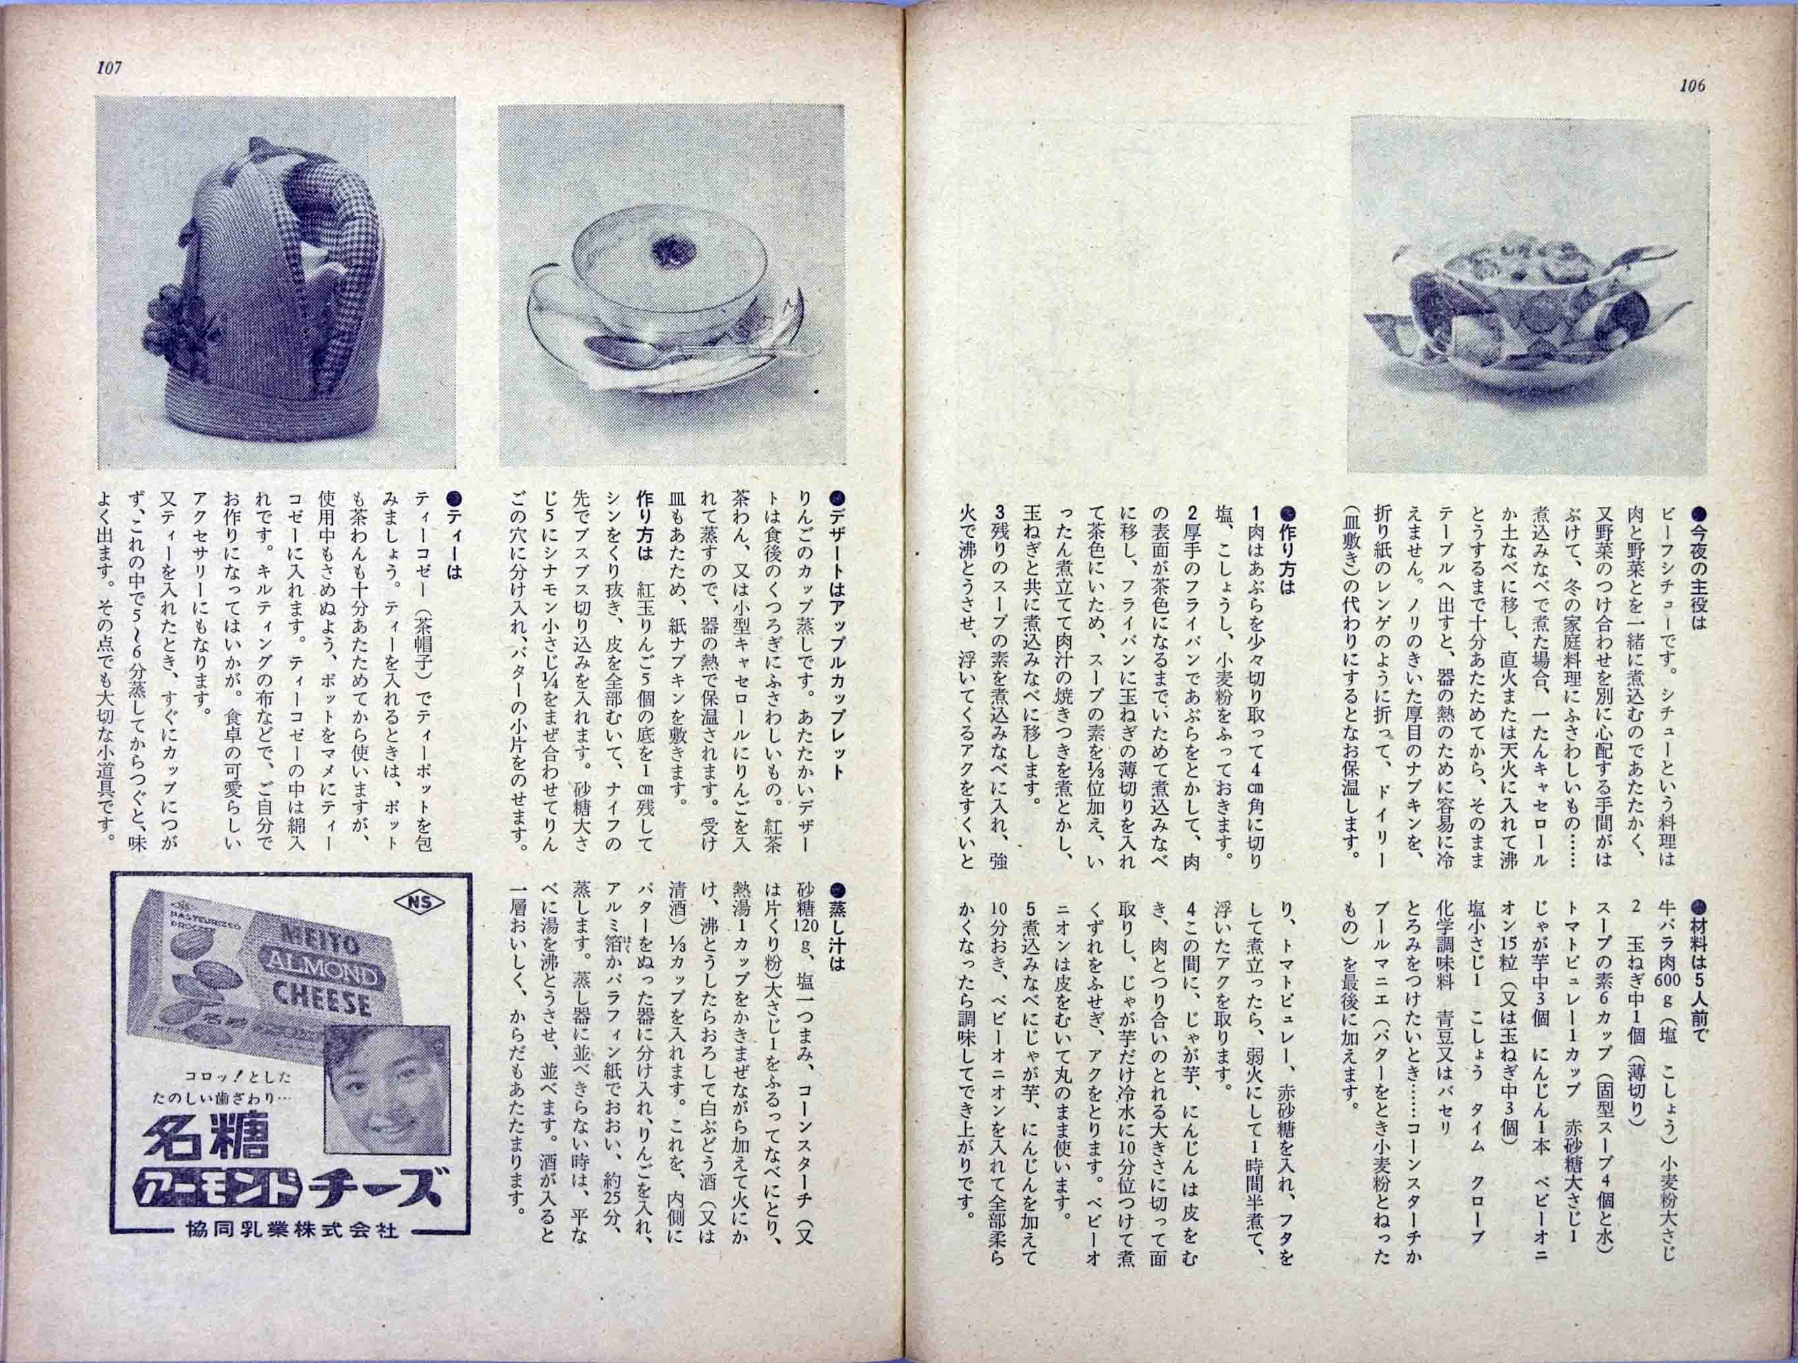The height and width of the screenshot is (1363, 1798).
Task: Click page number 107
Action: (109, 69)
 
